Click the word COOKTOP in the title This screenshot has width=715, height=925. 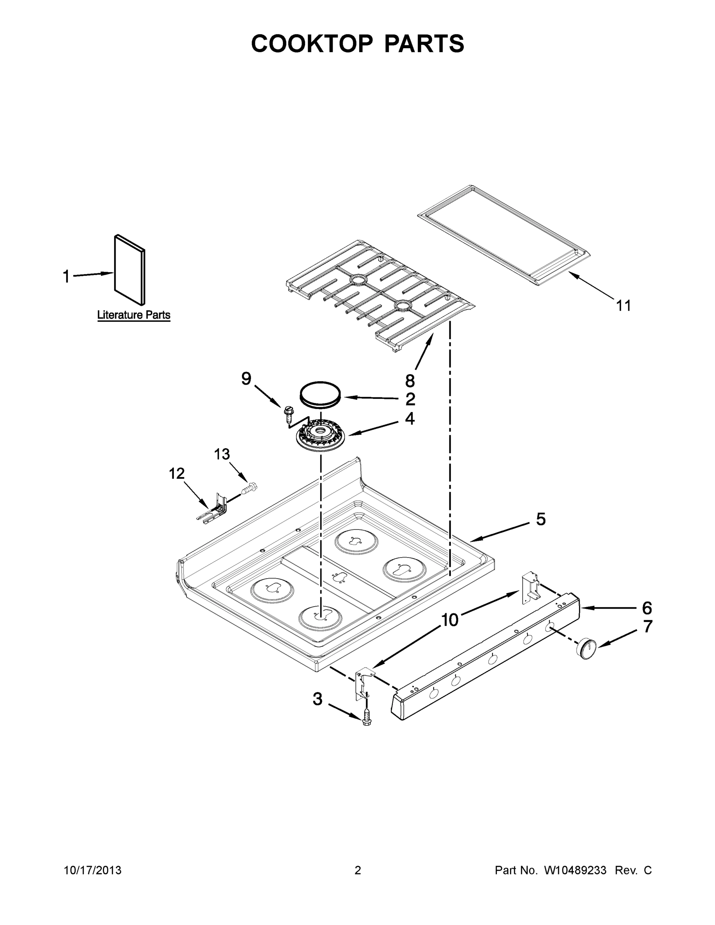(312, 44)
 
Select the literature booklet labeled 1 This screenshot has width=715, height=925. (130, 270)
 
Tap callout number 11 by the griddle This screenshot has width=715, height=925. (623, 305)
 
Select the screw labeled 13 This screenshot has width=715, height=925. (250, 489)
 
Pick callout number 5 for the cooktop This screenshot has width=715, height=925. (540, 519)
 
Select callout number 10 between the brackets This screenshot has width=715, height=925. (450, 620)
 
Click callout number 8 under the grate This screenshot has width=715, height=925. (410, 381)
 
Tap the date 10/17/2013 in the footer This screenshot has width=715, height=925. (93, 870)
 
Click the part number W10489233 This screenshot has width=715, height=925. (575, 870)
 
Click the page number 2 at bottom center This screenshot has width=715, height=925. (358, 870)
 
